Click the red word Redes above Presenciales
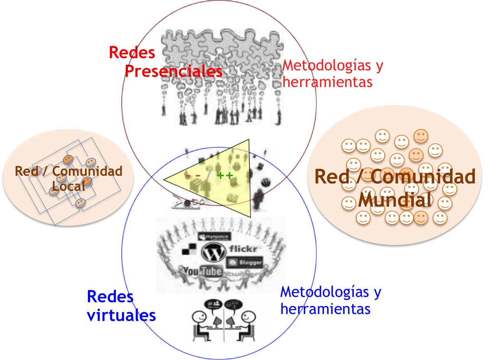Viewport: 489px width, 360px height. point(132,52)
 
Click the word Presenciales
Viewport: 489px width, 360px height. point(174,72)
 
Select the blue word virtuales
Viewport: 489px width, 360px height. point(121,315)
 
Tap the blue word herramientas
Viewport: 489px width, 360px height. point(325,309)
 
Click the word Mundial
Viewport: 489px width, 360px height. point(394,200)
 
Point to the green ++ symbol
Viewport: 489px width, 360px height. point(225,176)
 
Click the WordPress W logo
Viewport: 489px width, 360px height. point(213,252)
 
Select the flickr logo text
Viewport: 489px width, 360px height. point(244,249)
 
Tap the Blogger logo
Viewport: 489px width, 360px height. point(245,263)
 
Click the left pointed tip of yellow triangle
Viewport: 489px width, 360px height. point(164,179)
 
